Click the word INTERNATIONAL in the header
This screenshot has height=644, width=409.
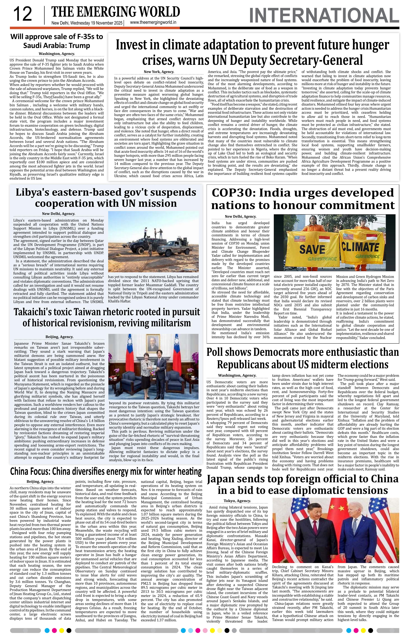pyautogui.click(x=324, y=16)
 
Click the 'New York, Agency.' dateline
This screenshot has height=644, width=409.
pyautogui.click(x=159, y=72)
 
